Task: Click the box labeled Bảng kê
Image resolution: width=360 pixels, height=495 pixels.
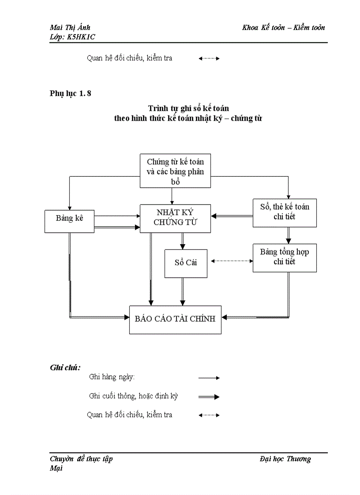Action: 70,221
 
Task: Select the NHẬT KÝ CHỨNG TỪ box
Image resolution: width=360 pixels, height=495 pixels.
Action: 175,218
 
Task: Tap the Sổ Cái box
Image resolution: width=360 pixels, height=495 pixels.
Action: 186,263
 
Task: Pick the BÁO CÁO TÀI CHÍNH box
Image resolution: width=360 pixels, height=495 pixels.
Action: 175,319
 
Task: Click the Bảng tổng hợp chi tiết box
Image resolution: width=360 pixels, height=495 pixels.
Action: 285,257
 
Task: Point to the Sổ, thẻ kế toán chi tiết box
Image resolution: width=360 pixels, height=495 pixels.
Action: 285,212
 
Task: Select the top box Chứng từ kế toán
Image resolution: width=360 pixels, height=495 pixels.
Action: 175,171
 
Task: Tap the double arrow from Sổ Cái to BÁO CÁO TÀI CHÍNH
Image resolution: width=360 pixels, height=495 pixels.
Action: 182,291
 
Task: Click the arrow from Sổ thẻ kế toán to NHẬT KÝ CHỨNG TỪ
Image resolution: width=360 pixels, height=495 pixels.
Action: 232,216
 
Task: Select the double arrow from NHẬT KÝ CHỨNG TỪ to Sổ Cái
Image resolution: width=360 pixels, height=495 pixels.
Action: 182,241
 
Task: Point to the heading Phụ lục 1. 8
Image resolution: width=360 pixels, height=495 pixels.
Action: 71,93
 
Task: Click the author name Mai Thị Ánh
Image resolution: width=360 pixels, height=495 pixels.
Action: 70,28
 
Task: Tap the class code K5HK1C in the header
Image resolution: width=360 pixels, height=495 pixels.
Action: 81,37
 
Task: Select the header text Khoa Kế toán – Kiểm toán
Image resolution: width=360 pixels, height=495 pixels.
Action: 283,28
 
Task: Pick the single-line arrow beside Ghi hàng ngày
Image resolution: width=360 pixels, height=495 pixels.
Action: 209,378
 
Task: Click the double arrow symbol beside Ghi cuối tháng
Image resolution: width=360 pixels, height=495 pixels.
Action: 209,397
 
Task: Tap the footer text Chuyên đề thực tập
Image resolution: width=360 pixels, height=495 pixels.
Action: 81,459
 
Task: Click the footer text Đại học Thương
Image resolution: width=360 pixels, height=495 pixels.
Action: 285,459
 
